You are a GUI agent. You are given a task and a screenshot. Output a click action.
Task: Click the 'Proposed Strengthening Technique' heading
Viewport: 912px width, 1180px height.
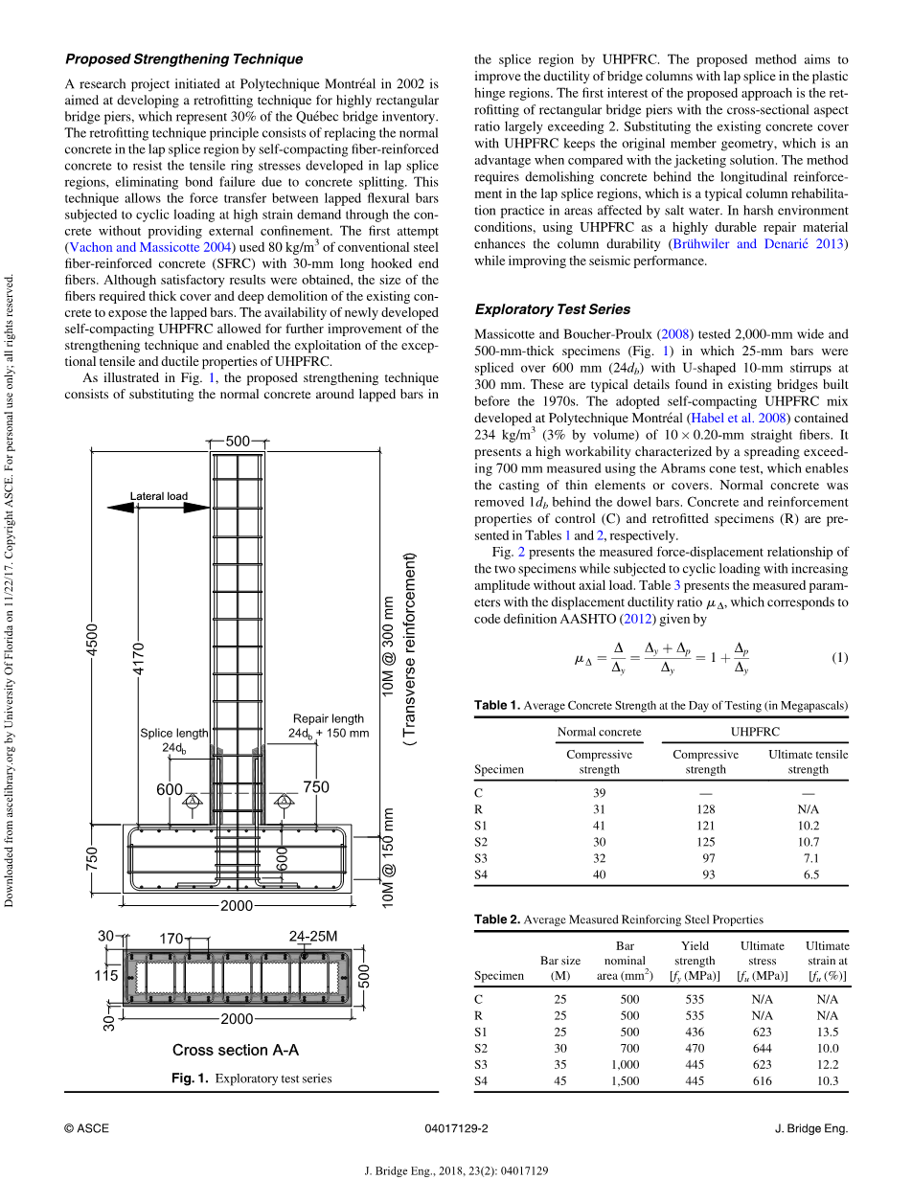(184, 59)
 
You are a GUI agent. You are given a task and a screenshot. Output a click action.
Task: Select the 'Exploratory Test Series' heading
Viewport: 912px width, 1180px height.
(553, 309)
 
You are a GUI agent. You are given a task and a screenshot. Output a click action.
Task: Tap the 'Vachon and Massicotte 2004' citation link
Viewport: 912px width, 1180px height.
(150, 248)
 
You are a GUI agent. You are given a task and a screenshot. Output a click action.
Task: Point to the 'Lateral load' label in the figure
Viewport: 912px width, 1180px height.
(159, 496)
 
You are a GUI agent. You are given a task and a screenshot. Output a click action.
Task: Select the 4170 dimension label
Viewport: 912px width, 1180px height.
(139, 659)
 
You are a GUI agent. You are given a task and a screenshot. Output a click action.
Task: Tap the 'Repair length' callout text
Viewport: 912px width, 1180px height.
(328, 718)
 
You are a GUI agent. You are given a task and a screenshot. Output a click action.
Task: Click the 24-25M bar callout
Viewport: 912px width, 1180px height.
(313, 936)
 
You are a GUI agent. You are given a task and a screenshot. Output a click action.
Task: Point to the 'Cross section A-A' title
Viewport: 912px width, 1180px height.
(236, 1050)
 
